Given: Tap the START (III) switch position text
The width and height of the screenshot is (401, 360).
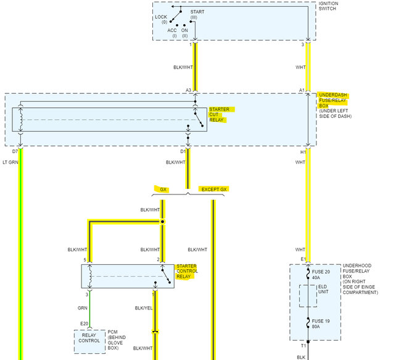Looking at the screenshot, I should [197, 14].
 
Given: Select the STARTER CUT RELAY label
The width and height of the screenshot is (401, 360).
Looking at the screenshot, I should [219, 114].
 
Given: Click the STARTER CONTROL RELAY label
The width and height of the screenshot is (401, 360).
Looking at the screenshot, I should [187, 270].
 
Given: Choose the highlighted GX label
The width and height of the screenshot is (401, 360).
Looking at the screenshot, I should [163, 189].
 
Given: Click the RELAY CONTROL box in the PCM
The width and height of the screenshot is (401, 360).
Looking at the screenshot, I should [89, 337].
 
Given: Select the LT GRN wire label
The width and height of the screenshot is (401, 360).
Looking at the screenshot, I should [10, 162].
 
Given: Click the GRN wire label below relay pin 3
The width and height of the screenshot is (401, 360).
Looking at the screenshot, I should [81, 307].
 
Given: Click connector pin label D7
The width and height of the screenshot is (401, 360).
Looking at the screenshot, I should [15, 151].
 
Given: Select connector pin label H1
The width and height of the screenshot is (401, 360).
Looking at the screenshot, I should [302, 151].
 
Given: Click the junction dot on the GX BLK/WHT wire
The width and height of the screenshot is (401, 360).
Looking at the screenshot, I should [162, 221].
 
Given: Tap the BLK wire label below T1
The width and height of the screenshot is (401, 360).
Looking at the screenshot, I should [301, 356].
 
